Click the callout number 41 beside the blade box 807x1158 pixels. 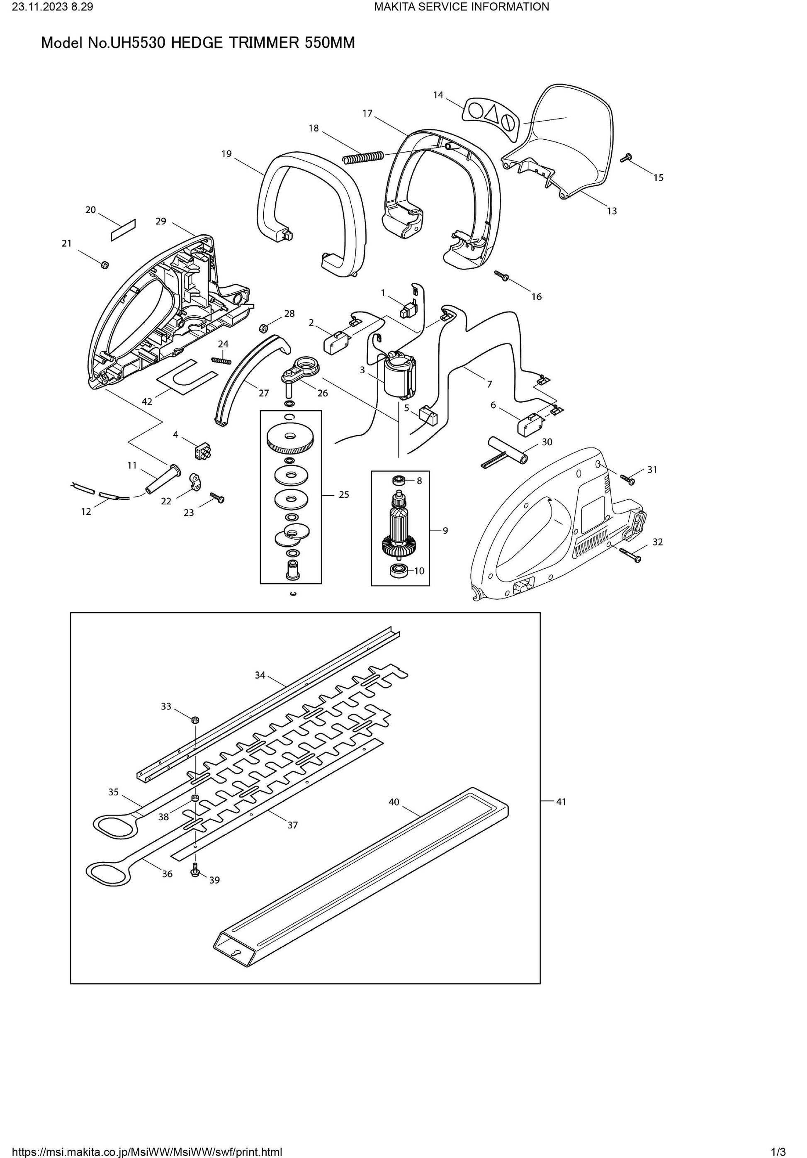pyautogui.click(x=561, y=801)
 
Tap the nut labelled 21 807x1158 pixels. pyautogui.click(x=105, y=264)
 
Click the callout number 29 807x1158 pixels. pyautogui.click(x=161, y=221)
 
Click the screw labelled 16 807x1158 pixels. pyautogui.click(x=502, y=275)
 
